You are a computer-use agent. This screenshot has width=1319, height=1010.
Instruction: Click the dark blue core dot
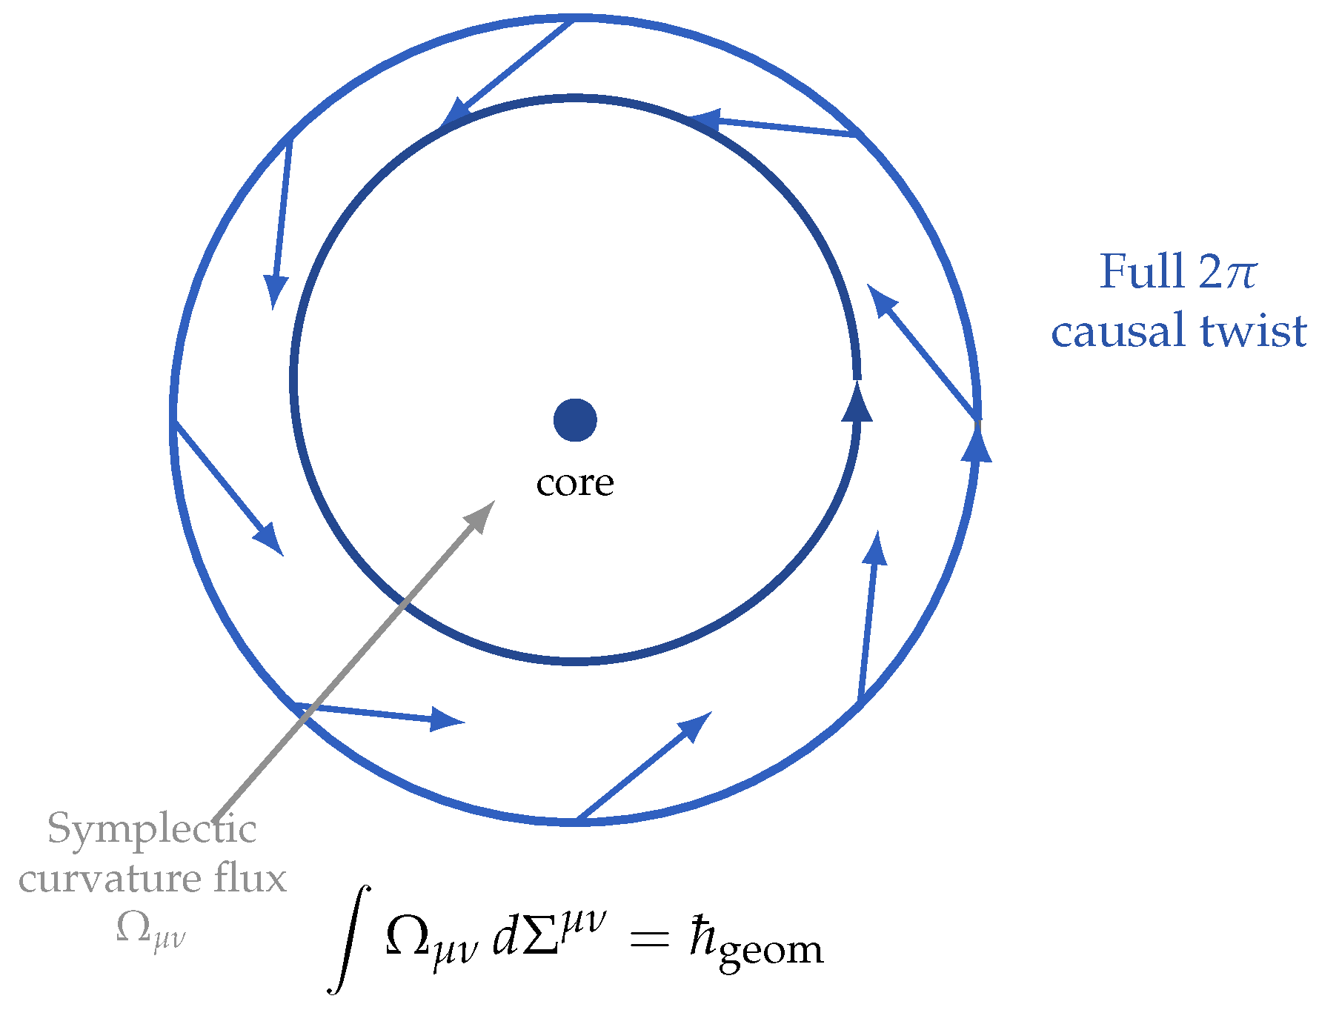[x=575, y=419]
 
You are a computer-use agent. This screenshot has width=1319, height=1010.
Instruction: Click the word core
[x=575, y=483]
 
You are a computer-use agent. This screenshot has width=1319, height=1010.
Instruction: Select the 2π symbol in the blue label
[x=1227, y=273]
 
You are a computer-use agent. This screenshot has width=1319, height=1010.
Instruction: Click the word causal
[x=1117, y=330]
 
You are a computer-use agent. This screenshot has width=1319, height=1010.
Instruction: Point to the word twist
[x=1254, y=330]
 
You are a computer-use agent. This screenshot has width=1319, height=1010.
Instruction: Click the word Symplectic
[x=152, y=829]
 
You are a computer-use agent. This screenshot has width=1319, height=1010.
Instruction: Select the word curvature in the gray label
[x=110, y=879]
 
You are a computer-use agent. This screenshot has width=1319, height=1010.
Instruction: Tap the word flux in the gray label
[x=250, y=879]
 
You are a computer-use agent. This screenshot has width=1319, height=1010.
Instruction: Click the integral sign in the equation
[x=348, y=940]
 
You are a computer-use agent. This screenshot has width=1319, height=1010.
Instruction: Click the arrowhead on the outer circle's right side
[x=977, y=445]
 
